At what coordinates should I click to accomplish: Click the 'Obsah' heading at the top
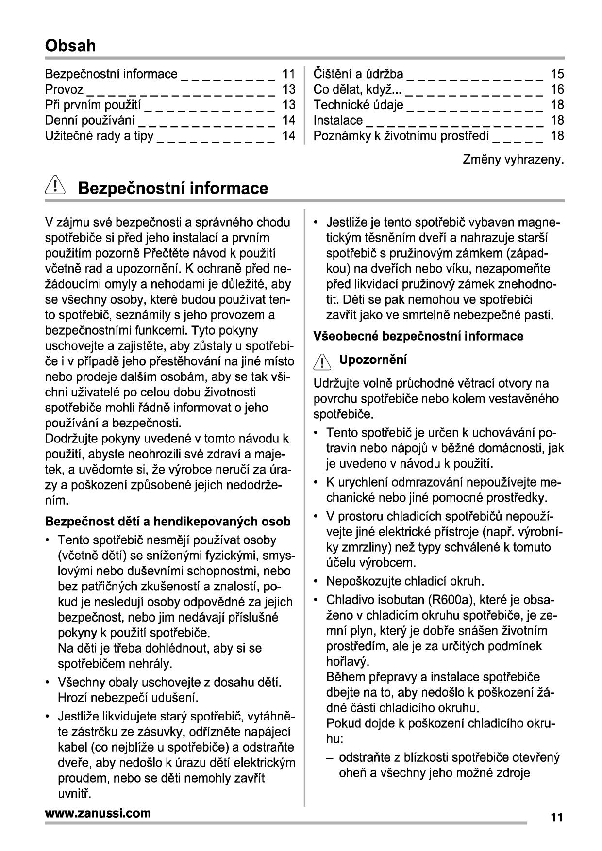(x=70, y=46)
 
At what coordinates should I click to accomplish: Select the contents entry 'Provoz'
(x=64, y=89)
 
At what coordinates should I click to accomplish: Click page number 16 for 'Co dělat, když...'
(x=557, y=89)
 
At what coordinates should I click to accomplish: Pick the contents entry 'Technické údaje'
(x=358, y=105)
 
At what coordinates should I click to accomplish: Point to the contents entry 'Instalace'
(x=338, y=120)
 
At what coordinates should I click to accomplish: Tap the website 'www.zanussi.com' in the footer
(x=98, y=813)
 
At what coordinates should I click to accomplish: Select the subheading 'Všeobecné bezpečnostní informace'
(x=418, y=336)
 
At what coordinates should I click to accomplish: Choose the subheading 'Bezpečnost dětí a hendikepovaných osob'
(x=167, y=522)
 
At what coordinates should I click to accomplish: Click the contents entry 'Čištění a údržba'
(x=358, y=74)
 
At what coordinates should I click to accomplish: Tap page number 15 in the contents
(x=557, y=74)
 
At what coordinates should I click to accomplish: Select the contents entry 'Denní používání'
(x=90, y=120)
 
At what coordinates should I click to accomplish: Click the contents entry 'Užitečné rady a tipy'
(x=99, y=136)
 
